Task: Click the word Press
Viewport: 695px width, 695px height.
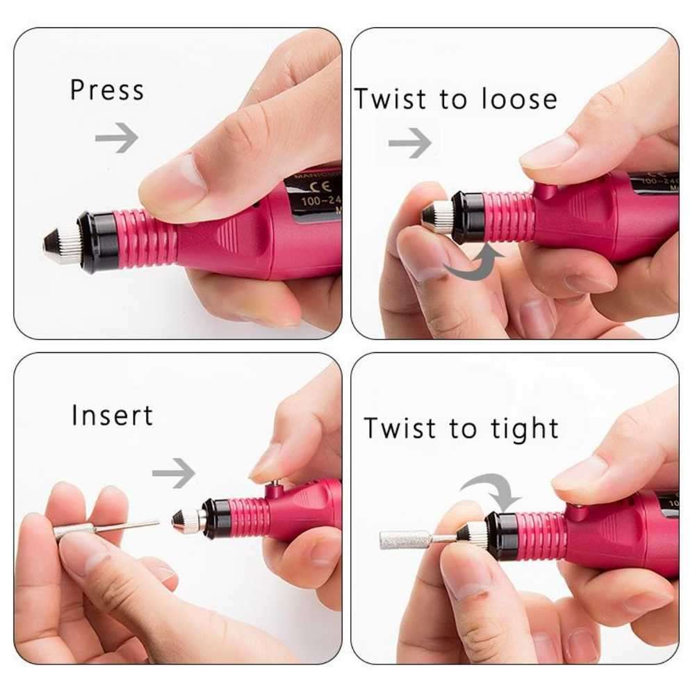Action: click(x=106, y=90)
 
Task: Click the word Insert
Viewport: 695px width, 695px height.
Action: click(x=112, y=415)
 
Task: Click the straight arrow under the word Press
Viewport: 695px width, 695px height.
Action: click(x=116, y=138)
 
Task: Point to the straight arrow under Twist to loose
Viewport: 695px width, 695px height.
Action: click(x=409, y=142)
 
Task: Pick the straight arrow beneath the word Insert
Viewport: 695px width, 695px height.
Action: click(x=173, y=473)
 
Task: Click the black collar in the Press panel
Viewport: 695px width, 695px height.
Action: click(x=94, y=240)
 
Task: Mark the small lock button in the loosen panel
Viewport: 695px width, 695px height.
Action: click(x=546, y=191)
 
